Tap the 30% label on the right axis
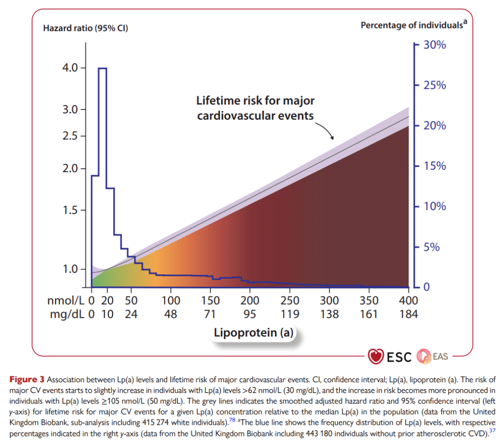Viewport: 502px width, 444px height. (434, 45)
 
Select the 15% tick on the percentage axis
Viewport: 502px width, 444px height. (434, 166)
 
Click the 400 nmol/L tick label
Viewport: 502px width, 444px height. (408, 300)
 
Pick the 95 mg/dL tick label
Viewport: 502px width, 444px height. (250, 314)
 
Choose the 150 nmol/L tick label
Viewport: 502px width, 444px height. (210, 300)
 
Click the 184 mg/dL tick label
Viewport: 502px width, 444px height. (408, 314)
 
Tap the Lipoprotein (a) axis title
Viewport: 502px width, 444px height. (253, 333)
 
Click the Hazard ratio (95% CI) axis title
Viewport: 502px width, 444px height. (85, 28)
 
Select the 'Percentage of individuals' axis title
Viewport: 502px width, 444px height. (412, 25)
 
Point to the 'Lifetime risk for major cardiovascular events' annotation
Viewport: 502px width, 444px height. (255, 108)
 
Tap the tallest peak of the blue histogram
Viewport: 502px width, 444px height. (102, 69)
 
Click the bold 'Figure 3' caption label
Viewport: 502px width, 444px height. (27, 379)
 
